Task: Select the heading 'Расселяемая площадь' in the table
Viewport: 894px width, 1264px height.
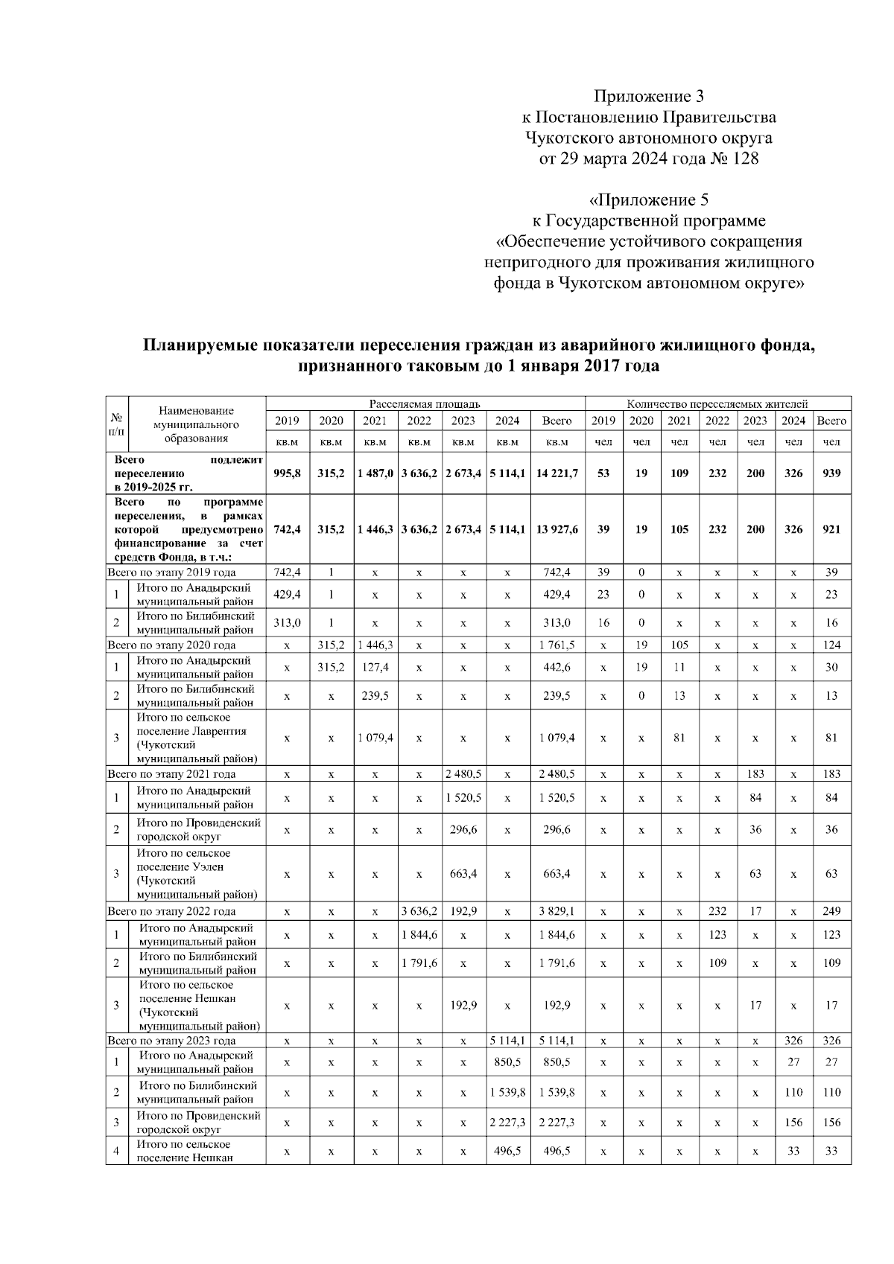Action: (x=425, y=403)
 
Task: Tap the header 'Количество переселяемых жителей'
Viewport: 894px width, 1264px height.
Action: (x=717, y=403)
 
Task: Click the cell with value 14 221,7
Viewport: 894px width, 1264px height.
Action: (x=557, y=473)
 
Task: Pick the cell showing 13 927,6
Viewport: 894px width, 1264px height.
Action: (x=557, y=529)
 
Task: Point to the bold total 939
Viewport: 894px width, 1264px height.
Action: (x=831, y=473)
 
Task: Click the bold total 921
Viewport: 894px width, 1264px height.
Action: (x=831, y=529)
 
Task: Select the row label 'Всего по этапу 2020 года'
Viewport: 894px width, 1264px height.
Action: (x=172, y=645)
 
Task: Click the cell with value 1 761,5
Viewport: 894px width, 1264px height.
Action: (x=557, y=645)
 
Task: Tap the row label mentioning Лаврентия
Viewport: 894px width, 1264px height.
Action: (x=197, y=738)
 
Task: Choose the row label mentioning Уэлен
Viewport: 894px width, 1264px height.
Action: (x=197, y=873)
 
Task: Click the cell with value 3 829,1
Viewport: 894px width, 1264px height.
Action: (x=557, y=911)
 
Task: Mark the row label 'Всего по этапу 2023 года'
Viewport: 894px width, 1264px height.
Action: (x=172, y=1041)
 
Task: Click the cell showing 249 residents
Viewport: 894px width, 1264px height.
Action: (x=831, y=911)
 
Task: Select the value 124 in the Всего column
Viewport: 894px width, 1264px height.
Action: (x=831, y=645)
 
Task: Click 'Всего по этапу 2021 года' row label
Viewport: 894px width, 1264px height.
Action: (x=172, y=774)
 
